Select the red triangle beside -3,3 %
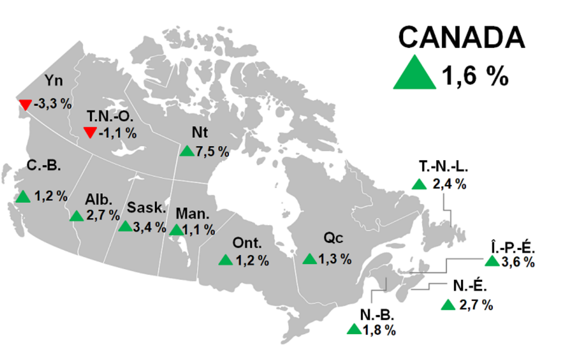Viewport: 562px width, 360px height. (x=25, y=105)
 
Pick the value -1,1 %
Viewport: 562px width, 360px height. (x=118, y=133)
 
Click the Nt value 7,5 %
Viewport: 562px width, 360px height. (x=212, y=151)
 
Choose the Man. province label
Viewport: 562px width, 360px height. (x=193, y=214)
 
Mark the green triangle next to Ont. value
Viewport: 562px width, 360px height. (x=225, y=260)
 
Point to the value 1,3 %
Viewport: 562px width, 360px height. (x=335, y=259)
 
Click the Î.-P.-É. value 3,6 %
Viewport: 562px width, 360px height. (x=518, y=262)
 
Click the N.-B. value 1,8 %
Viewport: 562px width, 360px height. (x=379, y=331)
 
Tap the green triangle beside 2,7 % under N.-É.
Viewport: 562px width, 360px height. (x=448, y=305)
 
